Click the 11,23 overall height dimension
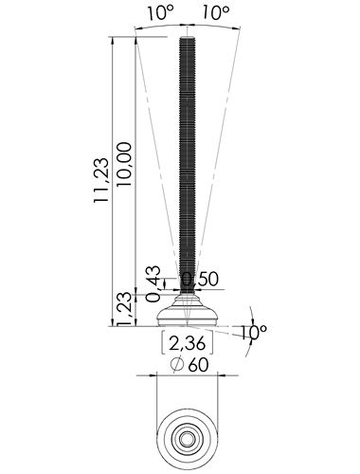(x=101, y=180)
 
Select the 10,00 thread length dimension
(x=124, y=164)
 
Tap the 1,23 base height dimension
(x=124, y=309)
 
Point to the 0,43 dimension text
(x=153, y=284)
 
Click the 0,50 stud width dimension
(x=200, y=279)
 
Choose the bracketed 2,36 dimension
(x=188, y=342)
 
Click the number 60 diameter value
(x=198, y=365)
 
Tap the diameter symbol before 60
(x=177, y=364)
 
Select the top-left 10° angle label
(x=161, y=13)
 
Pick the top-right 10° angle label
(x=215, y=13)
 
